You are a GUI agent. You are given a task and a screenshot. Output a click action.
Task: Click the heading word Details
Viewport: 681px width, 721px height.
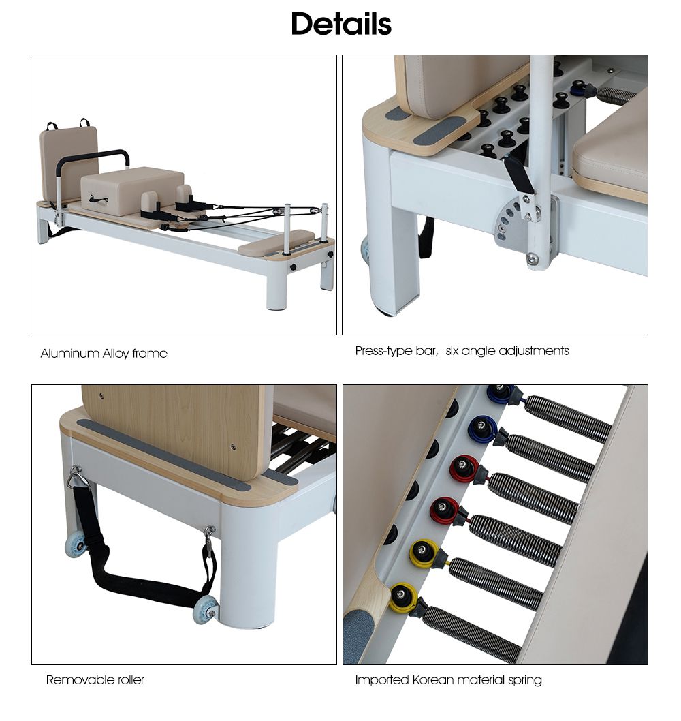pyautogui.click(x=340, y=24)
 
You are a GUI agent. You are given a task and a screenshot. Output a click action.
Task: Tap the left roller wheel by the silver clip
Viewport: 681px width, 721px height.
pyautogui.click(x=76, y=544)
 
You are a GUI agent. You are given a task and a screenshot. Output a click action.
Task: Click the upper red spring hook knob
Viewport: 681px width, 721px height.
pyautogui.click(x=464, y=468)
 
